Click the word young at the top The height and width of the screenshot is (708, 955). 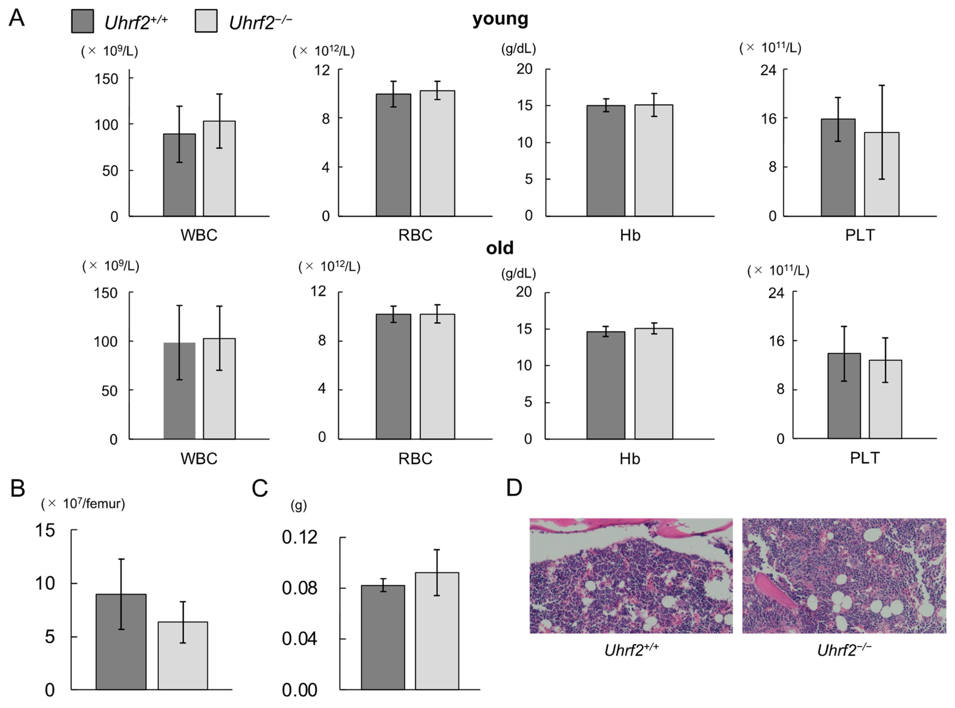[500, 19]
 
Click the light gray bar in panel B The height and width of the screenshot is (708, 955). [182, 655]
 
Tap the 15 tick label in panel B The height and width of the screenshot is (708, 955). [45, 531]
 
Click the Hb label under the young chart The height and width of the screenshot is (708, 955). [630, 235]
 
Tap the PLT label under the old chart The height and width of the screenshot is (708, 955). [864, 458]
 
